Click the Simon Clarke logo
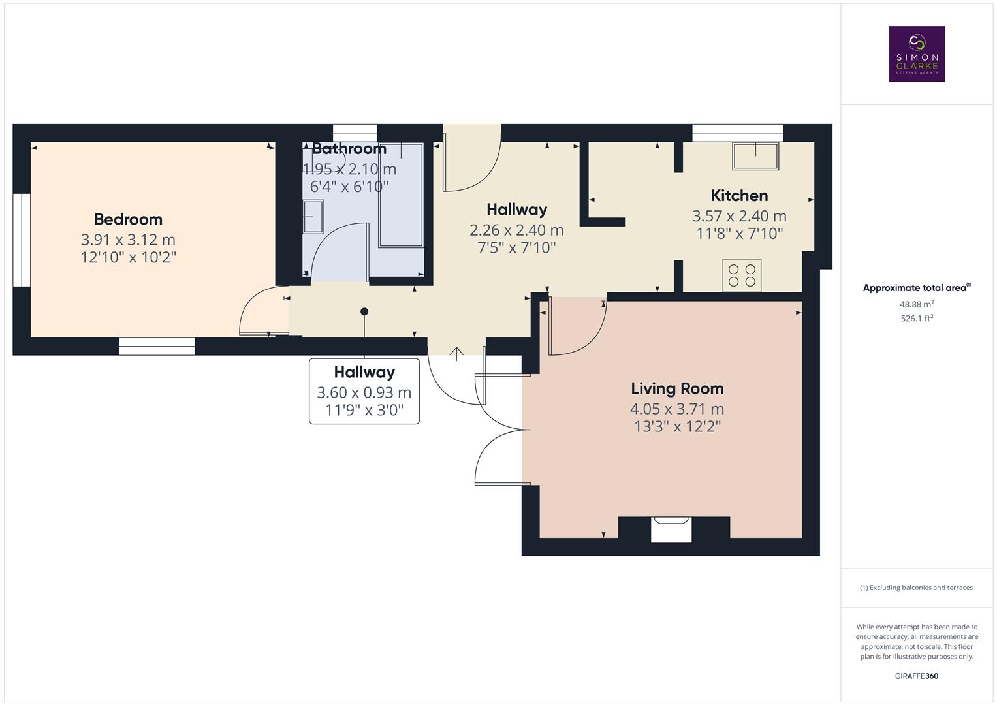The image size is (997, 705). [x=917, y=54]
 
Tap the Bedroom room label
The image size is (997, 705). [x=128, y=219]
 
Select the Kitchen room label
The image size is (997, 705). [x=739, y=195]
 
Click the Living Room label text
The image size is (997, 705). [x=677, y=388]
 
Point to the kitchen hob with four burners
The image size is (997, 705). [x=742, y=275]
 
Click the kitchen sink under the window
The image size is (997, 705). [x=755, y=156]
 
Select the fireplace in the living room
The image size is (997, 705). [x=671, y=529]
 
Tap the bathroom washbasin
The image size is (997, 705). [x=313, y=217]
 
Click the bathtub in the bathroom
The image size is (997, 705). [x=401, y=196]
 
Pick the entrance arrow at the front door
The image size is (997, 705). [x=456, y=353]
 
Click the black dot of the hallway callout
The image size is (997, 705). [x=364, y=311]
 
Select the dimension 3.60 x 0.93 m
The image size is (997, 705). [x=364, y=392]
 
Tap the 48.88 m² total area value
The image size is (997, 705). [x=917, y=304]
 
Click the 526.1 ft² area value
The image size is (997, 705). [x=917, y=319]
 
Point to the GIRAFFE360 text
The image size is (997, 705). [x=916, y=676]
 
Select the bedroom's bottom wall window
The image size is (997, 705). [x=157, y=347]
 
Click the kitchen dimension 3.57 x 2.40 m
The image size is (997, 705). [x=739, y=216]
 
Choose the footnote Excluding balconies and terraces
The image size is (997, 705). [x=916, y=587]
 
